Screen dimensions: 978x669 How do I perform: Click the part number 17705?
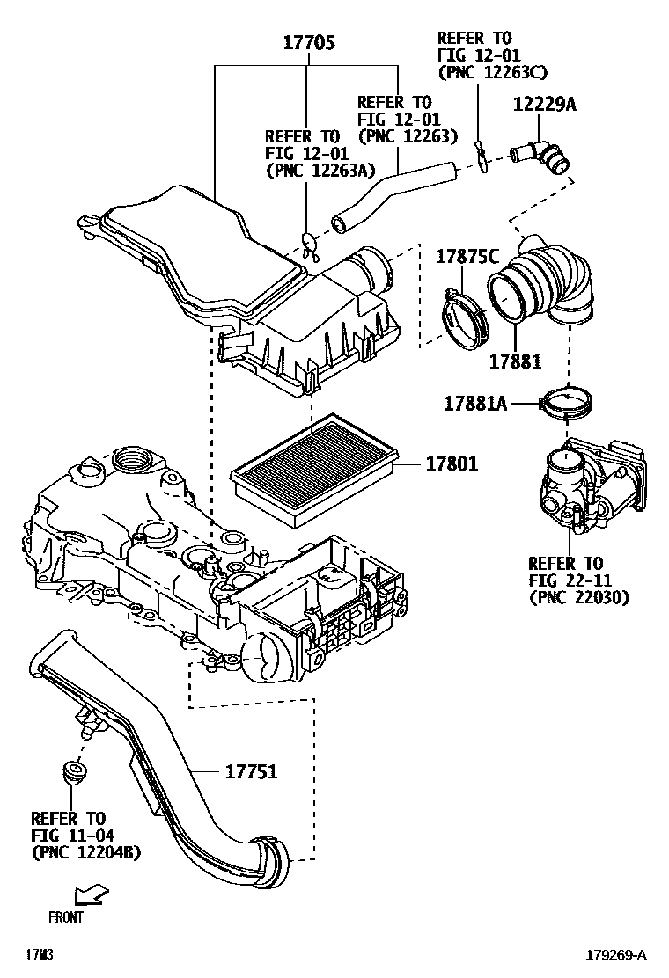click(308, 42)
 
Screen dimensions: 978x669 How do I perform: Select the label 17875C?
click(467, 257)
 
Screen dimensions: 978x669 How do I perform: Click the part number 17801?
click(452, 463)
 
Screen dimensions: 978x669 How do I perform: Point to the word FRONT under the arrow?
click(67, 916)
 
